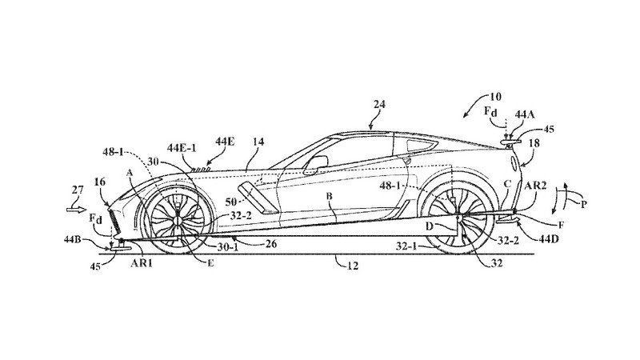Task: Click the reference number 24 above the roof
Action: pos(380,105)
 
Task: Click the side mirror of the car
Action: pos(318,163)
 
